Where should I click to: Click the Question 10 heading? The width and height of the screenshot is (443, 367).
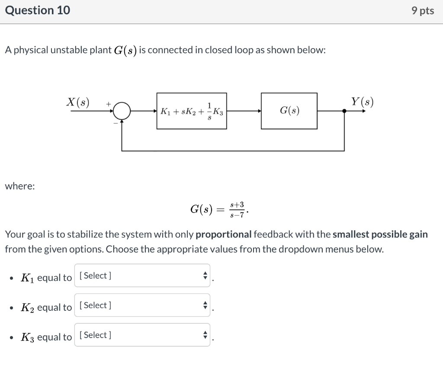(37, 11)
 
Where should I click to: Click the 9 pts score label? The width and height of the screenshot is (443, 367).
(423, 11)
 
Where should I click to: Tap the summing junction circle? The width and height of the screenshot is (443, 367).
(122, 111)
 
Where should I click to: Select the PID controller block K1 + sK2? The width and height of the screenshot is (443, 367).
(191, 111)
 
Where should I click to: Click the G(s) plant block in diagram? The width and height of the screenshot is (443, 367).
(289, 111)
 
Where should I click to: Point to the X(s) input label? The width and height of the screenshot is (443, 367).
(78, 103)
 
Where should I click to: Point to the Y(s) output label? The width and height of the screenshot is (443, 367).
(362, 103)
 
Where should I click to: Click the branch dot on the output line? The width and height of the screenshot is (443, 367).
(344, 111)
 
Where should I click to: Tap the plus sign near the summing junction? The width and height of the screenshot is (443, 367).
(109, 104)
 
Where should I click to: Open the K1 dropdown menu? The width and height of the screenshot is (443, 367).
(142, 276)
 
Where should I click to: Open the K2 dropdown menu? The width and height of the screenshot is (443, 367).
(142, 306)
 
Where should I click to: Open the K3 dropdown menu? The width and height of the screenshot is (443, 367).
(142, 335)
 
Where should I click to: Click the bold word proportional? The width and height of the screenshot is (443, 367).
(223, 235)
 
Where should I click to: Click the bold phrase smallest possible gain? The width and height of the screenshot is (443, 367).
(380, 235)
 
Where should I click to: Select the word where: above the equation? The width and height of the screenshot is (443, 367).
(20, 186)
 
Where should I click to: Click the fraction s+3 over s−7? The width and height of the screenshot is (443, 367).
(237, 209)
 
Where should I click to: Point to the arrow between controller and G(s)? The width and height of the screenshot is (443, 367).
(244, 111)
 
